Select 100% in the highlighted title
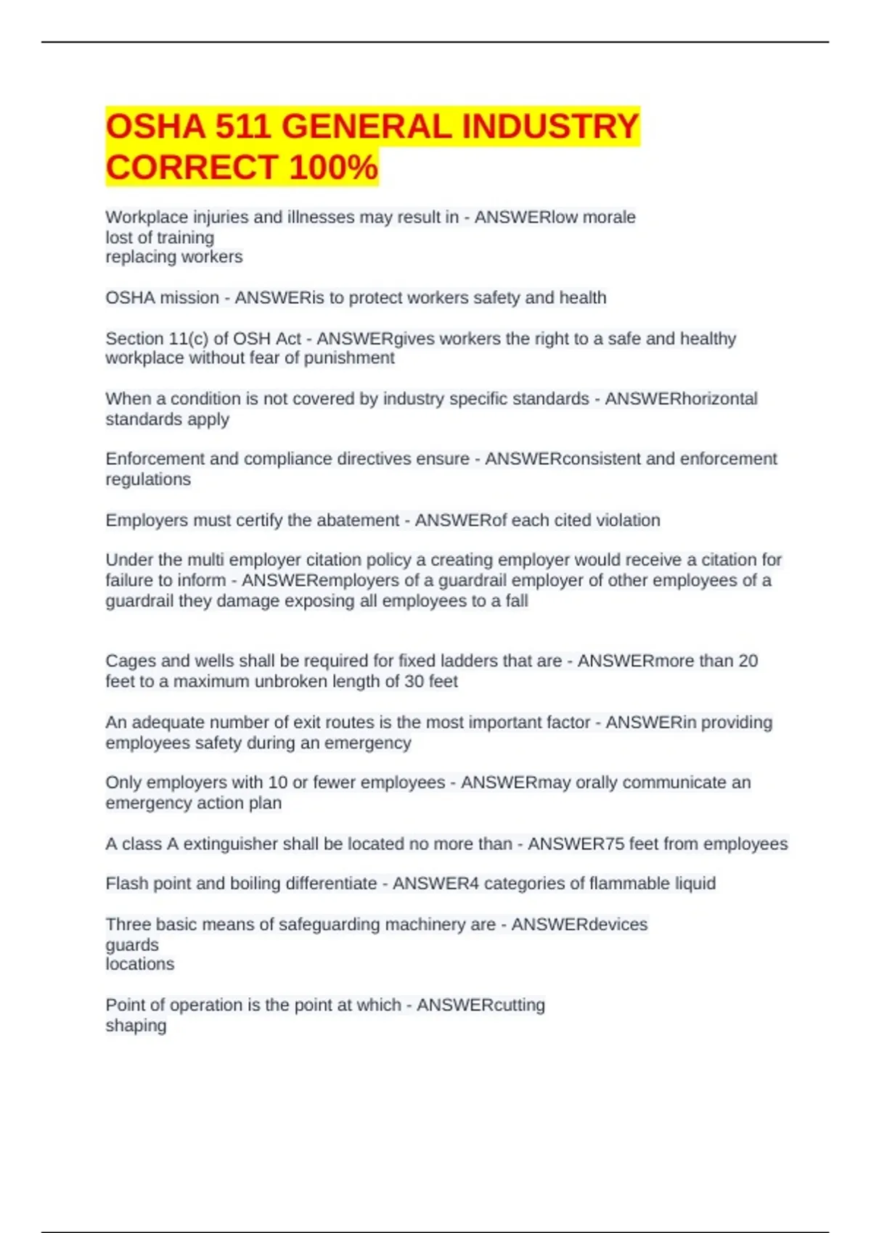(333, 168)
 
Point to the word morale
(610, 217)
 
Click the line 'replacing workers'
(174, 257)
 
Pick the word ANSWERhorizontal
(681, 399)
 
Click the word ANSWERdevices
(579, 924)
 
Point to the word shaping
(136, 1026)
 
